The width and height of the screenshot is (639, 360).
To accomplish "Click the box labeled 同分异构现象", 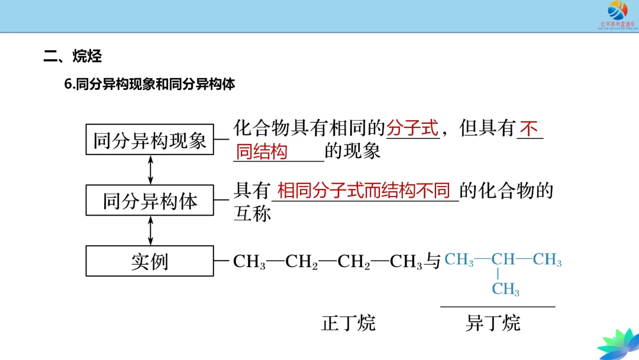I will tap(150, 139).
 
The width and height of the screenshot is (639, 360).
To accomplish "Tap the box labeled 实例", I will tap(150, 261).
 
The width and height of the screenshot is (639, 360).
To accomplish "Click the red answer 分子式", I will tap(412, 128).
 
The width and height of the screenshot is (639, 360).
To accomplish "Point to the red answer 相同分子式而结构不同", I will tap(364, 191).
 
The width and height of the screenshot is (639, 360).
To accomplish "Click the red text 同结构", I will tap(262, 152).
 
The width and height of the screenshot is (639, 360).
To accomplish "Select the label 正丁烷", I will tap(348, 323).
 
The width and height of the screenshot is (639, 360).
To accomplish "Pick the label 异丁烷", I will tap(493, 323).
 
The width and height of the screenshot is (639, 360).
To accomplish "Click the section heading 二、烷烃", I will tap(73, 56).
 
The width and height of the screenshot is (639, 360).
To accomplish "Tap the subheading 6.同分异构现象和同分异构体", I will tap(150, 84).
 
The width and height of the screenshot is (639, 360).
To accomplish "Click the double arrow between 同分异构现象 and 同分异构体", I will tap(150, 169).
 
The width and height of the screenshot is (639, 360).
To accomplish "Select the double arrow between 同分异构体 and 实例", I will tap(150, 230).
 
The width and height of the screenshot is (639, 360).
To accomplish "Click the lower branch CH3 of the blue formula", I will tap(505, 290).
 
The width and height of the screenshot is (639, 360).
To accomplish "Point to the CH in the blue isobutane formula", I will tap(504, 259).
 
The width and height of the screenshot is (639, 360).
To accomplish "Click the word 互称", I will tap(252, 213).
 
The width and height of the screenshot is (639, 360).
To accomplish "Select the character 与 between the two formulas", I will tap(434, 261).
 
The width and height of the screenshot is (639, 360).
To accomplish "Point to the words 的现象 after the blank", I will tap(353, 152).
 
